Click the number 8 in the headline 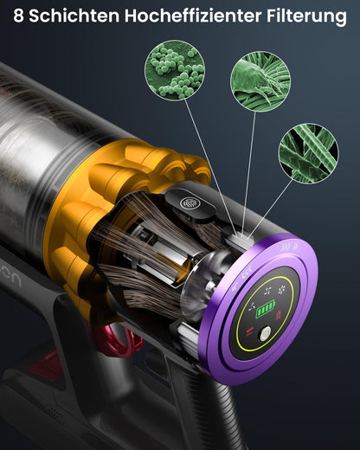click(x=18, y=16)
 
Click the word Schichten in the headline click(x=74, y=16)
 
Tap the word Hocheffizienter click(x=193, y=16)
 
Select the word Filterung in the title click(x=306, y=16)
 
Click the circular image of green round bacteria click(x=175, y=71)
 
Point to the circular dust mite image click(x=260, y=81)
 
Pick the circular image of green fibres click(x=309, y=153)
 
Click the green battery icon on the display click(x=266, y=309)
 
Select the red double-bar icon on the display click(x=249, y=331)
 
